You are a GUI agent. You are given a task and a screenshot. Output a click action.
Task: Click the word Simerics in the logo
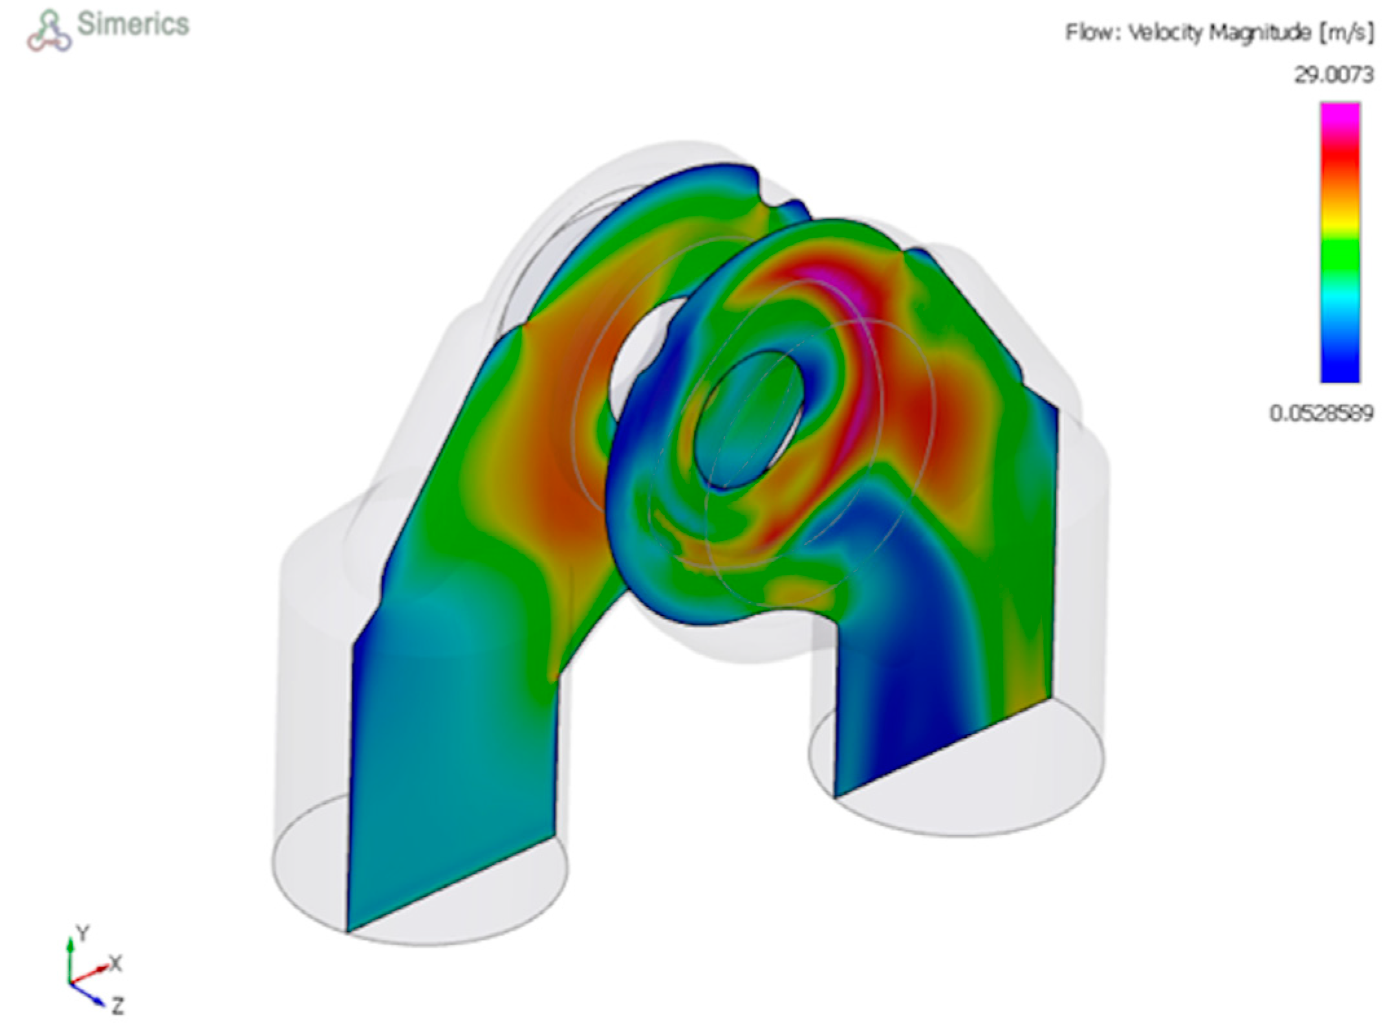click(x=133, y=25)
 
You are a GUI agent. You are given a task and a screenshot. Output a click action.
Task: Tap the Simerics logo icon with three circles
click(x=49, y=32)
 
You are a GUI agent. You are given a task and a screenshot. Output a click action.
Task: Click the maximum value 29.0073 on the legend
click(x=1332, y=75)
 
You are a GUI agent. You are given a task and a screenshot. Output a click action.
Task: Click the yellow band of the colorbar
click(x=1340, y=220)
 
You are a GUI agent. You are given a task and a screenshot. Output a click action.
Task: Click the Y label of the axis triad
click(x=83, y=933)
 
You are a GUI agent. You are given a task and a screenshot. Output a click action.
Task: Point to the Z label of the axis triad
click(x=117, y=1006)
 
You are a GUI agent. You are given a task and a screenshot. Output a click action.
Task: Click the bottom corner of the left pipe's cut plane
click(x=347, y=931)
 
